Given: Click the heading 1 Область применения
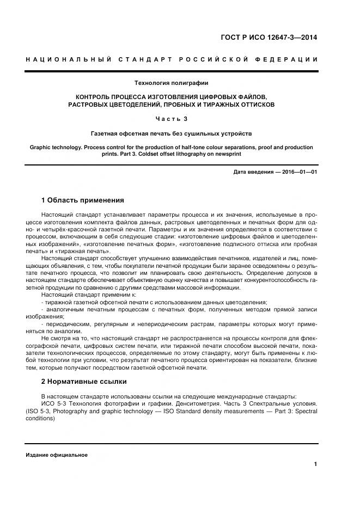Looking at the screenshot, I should (x=82, y=200).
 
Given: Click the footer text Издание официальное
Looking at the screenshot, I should (x=56, y=455).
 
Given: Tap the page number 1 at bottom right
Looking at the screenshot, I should (x=316, y=464).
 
